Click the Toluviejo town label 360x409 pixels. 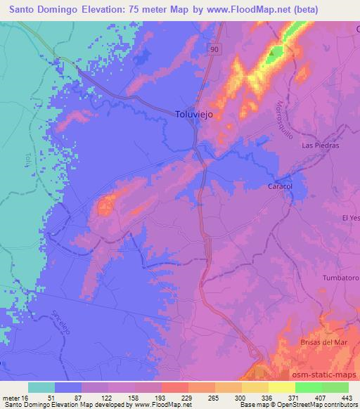click(x=193, y=112)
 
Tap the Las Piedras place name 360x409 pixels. click(x=320, y=145)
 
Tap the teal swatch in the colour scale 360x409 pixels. click(x=42, y=387)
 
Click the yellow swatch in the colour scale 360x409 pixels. click(x=281, y=387)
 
